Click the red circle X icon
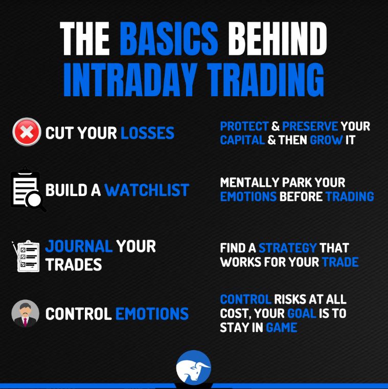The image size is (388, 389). coord(27,132)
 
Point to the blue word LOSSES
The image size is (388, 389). coord(147,133)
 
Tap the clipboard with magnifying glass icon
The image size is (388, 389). coord(27,190)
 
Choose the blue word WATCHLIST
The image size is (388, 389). coord(147,190)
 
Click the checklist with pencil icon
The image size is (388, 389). coord(26,255)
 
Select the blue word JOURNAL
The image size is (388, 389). coord(79,246)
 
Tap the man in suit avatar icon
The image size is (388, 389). coord(26,313)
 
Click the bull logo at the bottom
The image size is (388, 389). coord(194,367)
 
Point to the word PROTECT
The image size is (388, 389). coord(244,126)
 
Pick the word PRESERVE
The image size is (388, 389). coord(310,126)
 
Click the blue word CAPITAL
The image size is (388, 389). coord(242,140)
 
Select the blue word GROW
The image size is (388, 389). coord(326,140)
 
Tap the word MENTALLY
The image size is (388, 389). coord(248,183)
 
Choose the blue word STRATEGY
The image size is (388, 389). coord(287,248)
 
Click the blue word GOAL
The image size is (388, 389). coord(301,313)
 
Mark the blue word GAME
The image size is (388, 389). coord(281,328)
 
